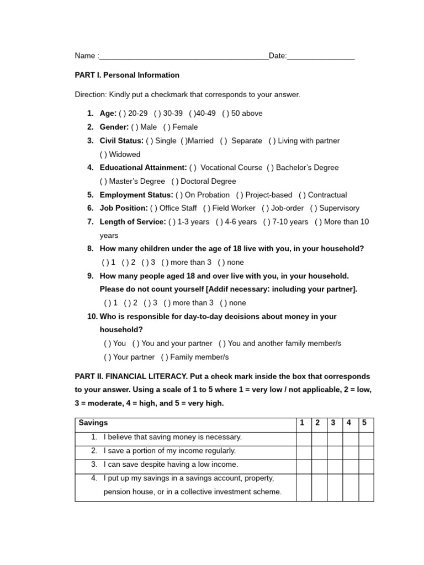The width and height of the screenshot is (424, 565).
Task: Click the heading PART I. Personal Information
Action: pos(127,75)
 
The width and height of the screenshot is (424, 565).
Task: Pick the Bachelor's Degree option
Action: pos(271,167)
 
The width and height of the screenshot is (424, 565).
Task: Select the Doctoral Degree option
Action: pos(174,181)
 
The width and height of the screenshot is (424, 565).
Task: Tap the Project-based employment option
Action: pos(240,195)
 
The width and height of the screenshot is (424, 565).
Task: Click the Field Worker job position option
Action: pos(206,208)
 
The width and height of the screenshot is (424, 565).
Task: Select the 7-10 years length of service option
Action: pos(267,222)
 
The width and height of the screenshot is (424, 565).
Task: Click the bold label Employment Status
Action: pos(136,195)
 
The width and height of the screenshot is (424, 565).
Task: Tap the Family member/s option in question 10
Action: pos(165,357)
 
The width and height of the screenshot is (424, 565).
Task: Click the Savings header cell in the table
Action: pos(93,423)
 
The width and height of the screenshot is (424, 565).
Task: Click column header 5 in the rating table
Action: pos(364,423)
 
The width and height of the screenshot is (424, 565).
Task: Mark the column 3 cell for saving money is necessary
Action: pos(333,438)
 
